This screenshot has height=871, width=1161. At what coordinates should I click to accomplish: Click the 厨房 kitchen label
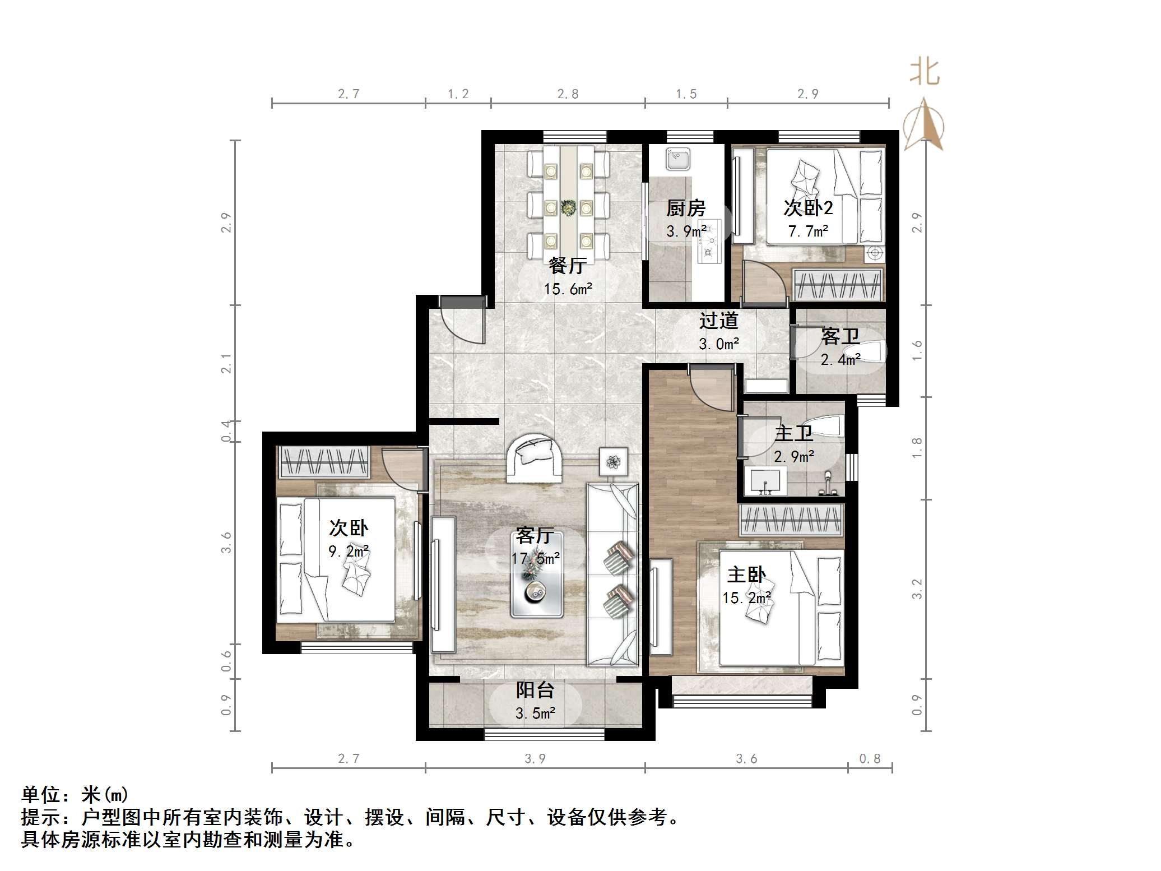click(x=685, y=209)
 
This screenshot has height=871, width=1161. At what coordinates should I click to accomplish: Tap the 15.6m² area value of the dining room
click(x=568, y=289)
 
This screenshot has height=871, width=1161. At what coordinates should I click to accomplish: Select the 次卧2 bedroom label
click(x=808, y=208)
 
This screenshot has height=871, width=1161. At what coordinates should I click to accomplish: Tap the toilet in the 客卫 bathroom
click(x=872, y=352)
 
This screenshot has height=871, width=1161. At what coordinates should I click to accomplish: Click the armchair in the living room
click(x=534, y=458)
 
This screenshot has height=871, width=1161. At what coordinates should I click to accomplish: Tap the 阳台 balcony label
click(x=535, y=690)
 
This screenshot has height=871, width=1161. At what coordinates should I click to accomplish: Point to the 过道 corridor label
click(x=718, y=321)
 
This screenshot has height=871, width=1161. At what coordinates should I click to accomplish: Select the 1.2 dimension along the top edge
click(x=458, y=94)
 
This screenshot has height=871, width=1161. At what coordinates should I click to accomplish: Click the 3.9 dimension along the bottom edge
click(x=535, y=759)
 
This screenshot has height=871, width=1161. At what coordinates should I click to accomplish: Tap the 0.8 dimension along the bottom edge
click(x=870, y=759)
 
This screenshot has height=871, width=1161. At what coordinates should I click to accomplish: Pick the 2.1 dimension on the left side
click(x=226, y=363)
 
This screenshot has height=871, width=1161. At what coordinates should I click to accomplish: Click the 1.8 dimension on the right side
click(x=917, y=448)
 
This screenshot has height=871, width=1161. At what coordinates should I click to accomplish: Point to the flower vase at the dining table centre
click(x=569, y=208)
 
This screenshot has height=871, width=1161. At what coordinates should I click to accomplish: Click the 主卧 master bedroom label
click(x=746, y=575)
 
